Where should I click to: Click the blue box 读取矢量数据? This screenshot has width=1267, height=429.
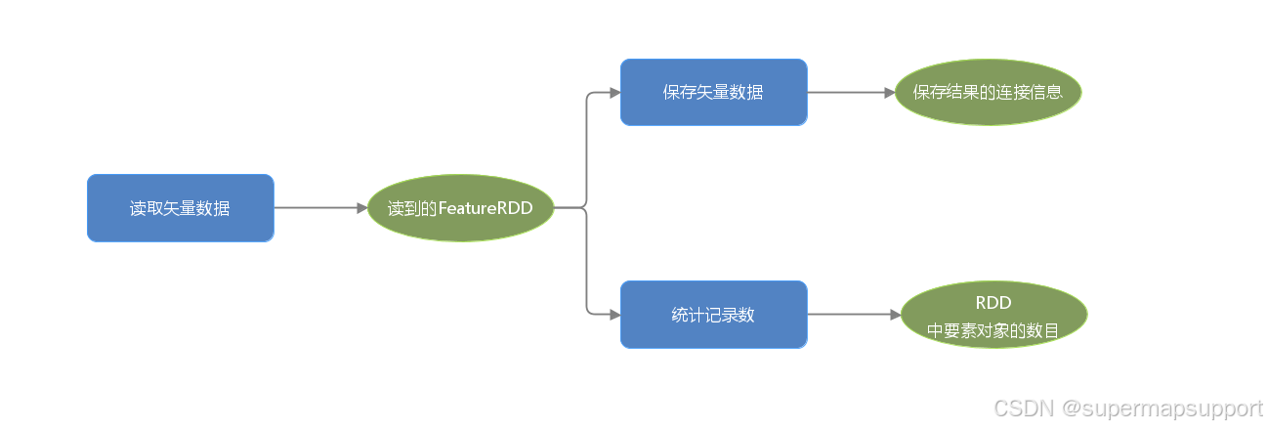click(180, 208)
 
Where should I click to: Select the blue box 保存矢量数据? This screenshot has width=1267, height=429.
click(713, 92)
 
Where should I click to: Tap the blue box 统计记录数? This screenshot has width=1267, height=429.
click(713, 315)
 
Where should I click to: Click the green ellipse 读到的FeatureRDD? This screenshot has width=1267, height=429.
click(460, 208)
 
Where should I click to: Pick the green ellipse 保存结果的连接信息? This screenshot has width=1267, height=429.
click(987, 92)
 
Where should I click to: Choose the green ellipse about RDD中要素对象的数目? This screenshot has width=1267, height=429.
click(992, 315)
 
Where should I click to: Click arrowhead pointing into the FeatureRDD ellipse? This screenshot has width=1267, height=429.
click(360, 208)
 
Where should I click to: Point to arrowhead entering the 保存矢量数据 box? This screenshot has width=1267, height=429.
click(614, 92)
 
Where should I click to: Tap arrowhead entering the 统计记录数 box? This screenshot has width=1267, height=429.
click(614, 315)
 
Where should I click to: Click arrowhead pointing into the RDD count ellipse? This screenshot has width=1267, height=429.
click(893, 315)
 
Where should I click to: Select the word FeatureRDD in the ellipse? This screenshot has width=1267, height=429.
click(486, 208)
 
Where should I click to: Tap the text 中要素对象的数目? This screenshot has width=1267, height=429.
click(992, 330)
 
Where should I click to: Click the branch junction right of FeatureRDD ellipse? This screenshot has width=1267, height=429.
click(586, 208)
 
